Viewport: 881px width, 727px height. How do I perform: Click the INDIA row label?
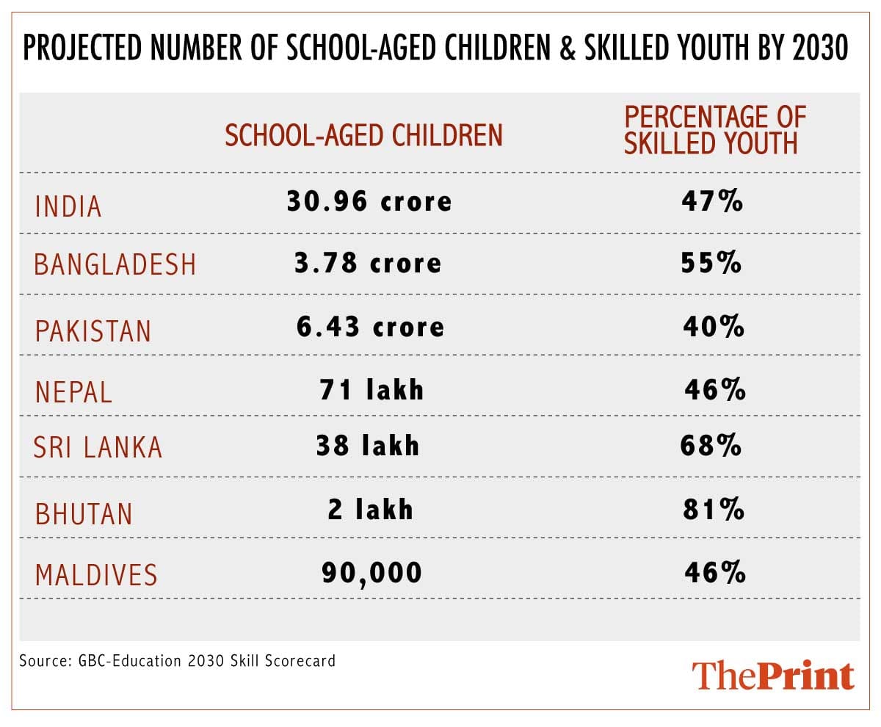(68, 207)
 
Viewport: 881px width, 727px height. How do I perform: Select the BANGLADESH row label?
(115, 264)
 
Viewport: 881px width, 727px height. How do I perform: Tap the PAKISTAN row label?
(93, 331)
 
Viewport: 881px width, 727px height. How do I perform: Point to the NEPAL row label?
(74, 392)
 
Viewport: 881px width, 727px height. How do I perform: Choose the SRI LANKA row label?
(98, 447)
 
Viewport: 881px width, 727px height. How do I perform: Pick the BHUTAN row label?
(84, 513)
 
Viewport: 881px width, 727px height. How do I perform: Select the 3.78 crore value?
(368, 263)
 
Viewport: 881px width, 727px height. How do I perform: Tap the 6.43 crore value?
(370, 326)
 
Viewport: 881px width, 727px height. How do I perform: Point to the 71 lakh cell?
(371, 389)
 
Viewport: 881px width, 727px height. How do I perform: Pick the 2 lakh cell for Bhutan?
(371, 510)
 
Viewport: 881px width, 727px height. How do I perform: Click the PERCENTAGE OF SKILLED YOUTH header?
(714, 130)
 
